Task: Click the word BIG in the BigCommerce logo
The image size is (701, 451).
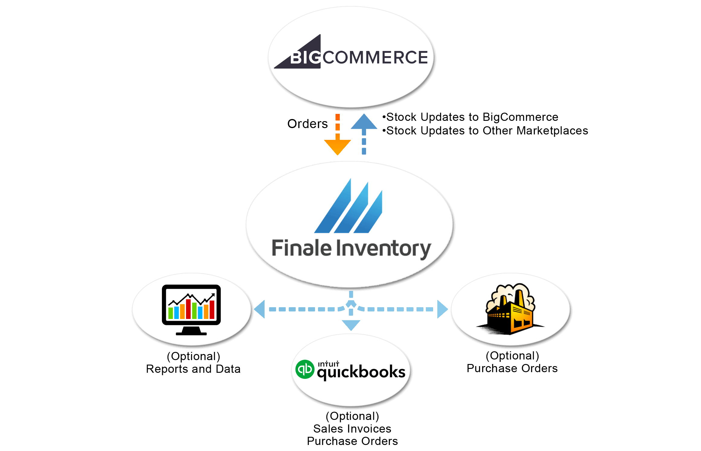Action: [x=305, y=57]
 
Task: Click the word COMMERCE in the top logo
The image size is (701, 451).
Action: [x=375, y=57]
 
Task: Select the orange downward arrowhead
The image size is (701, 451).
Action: [x=337, y=147]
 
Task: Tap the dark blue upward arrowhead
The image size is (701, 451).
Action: [x=364, y=122]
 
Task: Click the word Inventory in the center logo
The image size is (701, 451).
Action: [x=384, y=249]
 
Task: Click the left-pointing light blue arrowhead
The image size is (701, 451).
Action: [x=260, y=309]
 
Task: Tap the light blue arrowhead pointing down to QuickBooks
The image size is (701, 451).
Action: [x=351, y=325]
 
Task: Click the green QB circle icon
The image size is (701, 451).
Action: [x=305, y=369]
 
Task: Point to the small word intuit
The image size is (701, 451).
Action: [x=328, y=364]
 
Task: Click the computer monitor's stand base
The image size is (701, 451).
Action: [x=191, y=333]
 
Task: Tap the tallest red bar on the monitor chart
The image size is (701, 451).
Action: [x=188, y=309]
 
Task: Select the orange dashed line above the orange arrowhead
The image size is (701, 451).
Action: [x=337, y=124]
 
